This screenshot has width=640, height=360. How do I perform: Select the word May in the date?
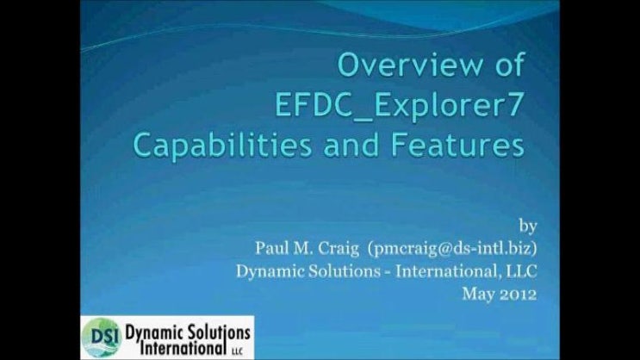pos(476,293)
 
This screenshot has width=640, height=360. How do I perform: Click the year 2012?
pos(519,293)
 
